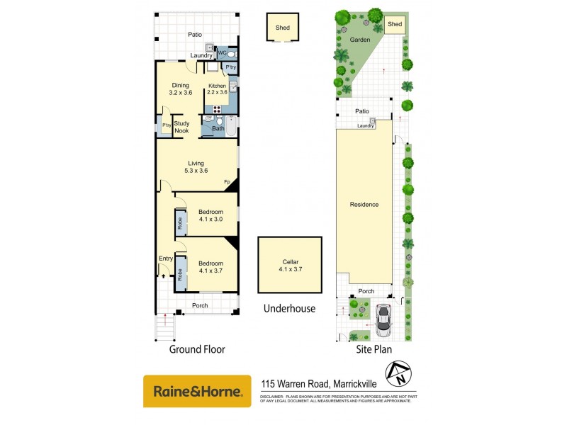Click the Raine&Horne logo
(197, 391)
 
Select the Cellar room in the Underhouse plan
(289, 264)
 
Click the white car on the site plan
(383, 320)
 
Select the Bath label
(218, 128)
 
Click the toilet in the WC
(234, 53)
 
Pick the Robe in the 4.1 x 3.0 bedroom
(180, 222)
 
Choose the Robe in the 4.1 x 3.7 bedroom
(180, 273)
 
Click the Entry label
(166, 259)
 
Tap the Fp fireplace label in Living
(228, 183)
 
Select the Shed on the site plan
(395, 25)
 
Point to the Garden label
(359, 40)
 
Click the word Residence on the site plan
(364, 205)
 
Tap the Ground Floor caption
(197, 349)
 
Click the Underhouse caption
(289, 308)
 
